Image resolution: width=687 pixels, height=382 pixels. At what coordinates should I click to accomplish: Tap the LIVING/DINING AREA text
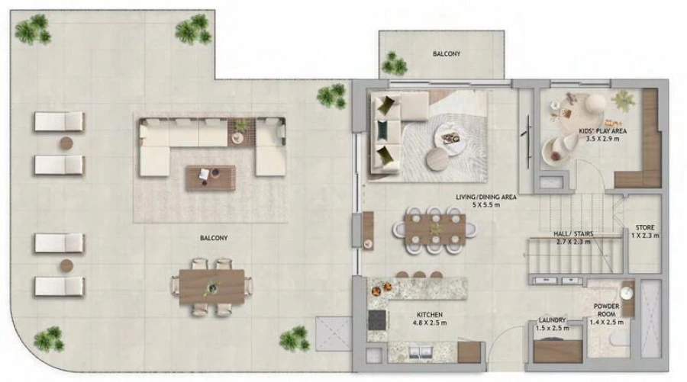(x=486, y=197)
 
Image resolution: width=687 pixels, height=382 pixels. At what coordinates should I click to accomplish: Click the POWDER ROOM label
(x=606, y=310)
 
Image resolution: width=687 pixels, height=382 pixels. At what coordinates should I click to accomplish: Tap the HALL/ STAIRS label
(x=574, y=233)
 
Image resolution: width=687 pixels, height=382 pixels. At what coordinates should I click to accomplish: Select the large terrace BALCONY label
(x=214, y=238)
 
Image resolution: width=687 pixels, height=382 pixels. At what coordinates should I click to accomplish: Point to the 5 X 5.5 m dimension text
(x=486, y=206)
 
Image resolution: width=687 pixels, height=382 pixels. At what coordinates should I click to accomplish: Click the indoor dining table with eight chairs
(x=434, y=226)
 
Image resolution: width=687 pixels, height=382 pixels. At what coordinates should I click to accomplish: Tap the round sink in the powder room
(x=626, y=291)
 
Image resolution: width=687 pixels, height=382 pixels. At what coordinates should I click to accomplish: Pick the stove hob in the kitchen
(x=378, y=319)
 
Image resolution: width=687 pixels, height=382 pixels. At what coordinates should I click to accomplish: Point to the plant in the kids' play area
(x=624, y=99)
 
